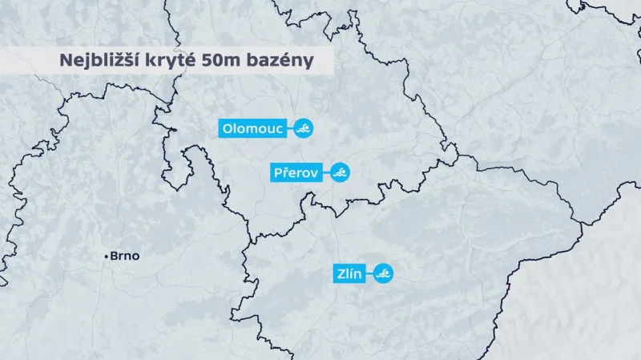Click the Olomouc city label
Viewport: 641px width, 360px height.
252,128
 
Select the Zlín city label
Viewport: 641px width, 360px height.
349,274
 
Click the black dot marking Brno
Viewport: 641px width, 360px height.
107,257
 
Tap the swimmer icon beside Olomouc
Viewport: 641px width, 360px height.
303,128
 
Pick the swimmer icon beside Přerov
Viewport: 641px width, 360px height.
341,172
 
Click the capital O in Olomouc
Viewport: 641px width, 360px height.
228,128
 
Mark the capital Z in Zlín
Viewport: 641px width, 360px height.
340,274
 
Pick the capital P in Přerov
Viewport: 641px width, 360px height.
279,172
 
